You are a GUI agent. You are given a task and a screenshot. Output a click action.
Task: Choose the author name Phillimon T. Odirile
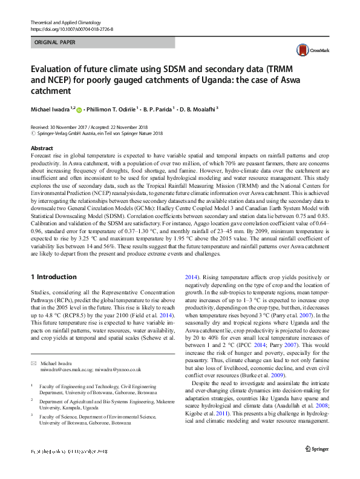[x=111, y=110]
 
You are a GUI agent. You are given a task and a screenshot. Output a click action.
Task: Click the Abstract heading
[x=41, y=148]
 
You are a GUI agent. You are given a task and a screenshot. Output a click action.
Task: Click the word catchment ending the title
[x=51, y=91]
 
